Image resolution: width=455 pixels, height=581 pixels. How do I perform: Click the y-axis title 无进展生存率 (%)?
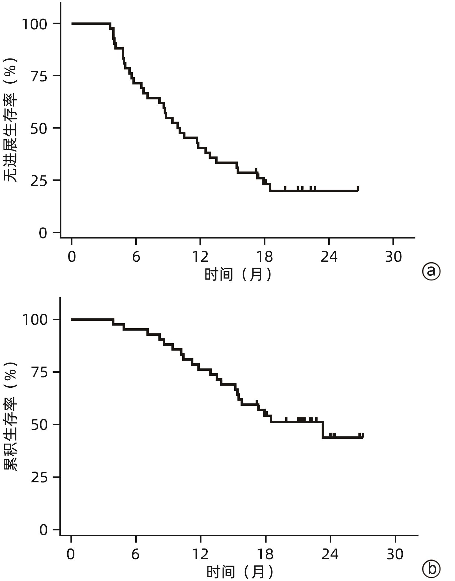[10, 120]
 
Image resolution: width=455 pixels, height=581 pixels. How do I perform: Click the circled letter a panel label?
[431, 271]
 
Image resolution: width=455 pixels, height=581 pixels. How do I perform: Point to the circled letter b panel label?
[431, 569]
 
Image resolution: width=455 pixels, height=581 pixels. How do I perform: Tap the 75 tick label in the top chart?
[39, 76]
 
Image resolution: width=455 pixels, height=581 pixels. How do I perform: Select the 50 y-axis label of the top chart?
[39, 129]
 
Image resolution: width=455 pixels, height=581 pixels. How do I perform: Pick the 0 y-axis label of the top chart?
[43, 233]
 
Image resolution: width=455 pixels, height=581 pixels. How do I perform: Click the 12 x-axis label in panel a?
[200, 257]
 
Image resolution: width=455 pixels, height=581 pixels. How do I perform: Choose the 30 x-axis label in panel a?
[393, 257]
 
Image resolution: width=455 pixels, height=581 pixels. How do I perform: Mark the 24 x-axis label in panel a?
[329, 257]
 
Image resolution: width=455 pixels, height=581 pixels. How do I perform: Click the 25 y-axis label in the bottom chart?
[39, 478]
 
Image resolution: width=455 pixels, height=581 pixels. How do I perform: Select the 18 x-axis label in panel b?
[265, 554]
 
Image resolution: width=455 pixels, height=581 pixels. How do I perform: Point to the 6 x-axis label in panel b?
[136, 554]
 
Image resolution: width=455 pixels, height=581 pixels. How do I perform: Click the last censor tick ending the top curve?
[358, 188]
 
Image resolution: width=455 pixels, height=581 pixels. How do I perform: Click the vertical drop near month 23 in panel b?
[323, 430]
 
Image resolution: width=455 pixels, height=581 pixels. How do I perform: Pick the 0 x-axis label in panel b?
[71, 554]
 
